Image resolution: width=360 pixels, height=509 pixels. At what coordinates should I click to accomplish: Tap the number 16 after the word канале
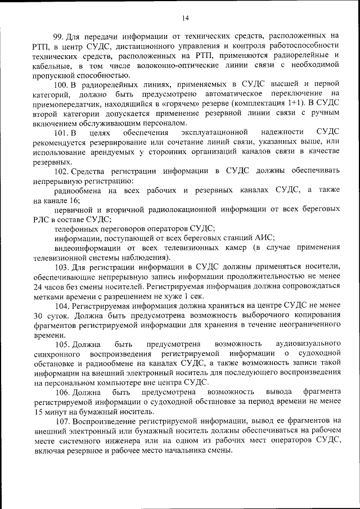pos(70,200)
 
